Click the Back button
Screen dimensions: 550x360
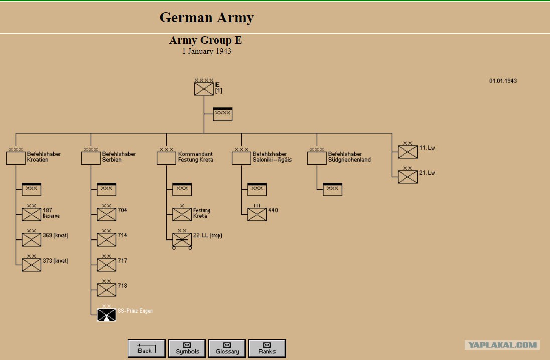point(146,348)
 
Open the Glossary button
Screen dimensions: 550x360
point(227,348)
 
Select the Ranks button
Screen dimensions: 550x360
point(267,348)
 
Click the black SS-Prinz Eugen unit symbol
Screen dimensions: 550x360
point(106,315)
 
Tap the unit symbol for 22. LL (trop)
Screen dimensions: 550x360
point(182,240)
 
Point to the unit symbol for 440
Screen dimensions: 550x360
point(257,214)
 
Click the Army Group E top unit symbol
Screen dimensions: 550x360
point(204,89)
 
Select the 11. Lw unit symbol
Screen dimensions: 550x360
point(407,152)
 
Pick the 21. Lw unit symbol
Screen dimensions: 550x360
point(407,177)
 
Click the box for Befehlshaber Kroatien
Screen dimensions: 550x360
point(16,158)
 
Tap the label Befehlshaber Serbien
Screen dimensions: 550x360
point(119,157)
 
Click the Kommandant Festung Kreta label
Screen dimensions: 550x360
point(195,157)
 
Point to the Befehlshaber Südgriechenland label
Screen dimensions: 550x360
point(349,157)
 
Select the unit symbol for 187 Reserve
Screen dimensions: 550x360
point(31,214)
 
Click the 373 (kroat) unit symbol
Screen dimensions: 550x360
point(31,265)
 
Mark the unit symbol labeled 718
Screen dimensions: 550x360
point(106,290)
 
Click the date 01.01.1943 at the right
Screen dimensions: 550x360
point(503,81)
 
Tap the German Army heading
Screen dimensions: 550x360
point(207,17)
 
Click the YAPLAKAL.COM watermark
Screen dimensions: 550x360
point(502,345)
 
